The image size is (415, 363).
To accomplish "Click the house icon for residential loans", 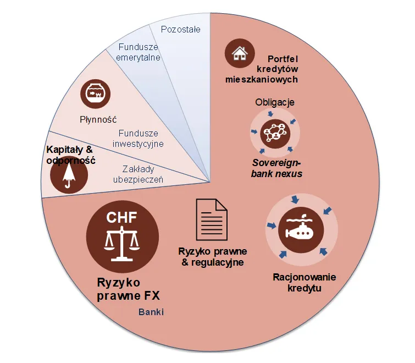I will [239, 53].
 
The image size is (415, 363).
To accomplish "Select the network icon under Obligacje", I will [274, 132].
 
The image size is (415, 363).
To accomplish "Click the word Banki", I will [151, 312].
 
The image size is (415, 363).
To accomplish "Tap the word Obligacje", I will [275, 102].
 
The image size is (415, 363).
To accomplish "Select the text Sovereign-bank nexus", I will [277, 168].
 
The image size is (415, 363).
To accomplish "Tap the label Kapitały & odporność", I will [70, 155].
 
